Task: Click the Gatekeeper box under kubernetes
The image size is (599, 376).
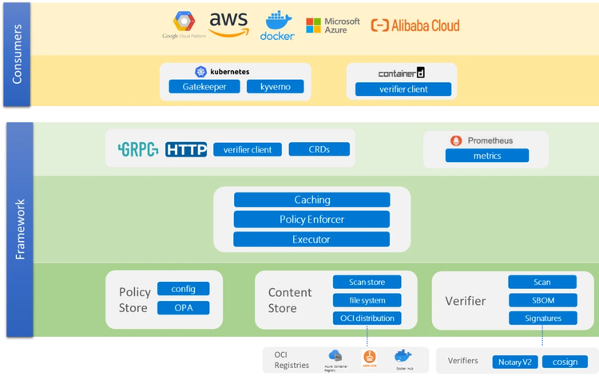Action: tap(204, 86)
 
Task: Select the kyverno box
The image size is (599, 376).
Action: tap(276, 86)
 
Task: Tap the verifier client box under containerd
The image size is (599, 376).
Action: tap(403, 89)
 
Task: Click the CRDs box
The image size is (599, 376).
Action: tap(319, 149)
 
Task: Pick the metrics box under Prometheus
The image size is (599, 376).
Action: tap(486, 156)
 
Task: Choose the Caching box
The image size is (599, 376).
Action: tap(311, 200)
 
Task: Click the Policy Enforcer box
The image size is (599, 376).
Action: tap(311, 220)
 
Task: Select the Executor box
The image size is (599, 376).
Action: tap(311, 239)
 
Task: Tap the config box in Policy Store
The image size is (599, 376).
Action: tap(184, 289)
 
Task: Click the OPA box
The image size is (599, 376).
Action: tap(184, 308)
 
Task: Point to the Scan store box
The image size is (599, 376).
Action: tap(367, 282)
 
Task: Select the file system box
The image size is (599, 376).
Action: tap(367, 300)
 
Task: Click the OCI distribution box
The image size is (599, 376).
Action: tap(367, 319)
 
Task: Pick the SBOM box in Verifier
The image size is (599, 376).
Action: tap(542, 300)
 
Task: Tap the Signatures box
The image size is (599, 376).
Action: tap(542, 319)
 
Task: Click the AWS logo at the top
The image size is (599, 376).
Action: tap(229, 25)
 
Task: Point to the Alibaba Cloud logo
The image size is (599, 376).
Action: tap(415, 26)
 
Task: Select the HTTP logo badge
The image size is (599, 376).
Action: tap(186, 149)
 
